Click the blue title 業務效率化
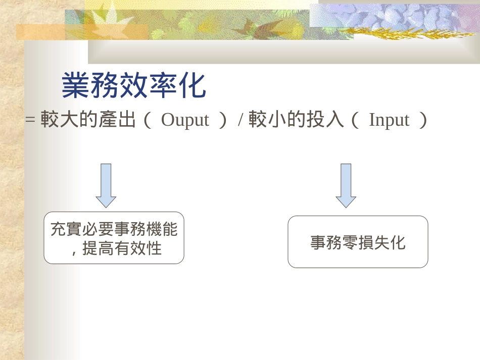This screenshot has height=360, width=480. tap(134, 86)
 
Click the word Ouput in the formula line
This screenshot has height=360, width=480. tap(184, 120)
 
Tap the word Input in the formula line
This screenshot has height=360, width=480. tap(389, 120)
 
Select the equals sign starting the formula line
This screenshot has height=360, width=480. tap(30, 120)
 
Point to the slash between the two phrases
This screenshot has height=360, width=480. tap(241, 120)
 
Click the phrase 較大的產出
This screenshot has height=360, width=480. tap(88, 120)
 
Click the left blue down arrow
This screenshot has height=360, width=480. tap(106, 185)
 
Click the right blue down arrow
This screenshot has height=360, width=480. tap(346, 185)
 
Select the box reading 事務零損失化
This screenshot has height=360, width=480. tap(358, 242)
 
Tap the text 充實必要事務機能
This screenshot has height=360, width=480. tap(114, 230)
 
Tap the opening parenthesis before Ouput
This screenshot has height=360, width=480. tap(148, 120)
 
